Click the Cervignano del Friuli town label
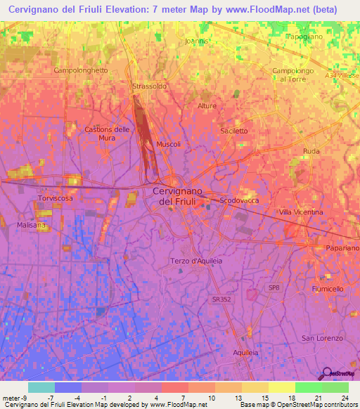(x=178, y=196)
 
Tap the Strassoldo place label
(x=149, y=86)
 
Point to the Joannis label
(x=197, y=41)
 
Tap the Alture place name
(x=207, y=106)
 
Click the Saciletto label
(x=234, y=131)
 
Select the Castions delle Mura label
(x=107, y=134)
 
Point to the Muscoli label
(x=169, y=144)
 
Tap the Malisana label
(x=31, y=225)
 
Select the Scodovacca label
(x=240, y=200)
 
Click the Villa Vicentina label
(x=301, y=212)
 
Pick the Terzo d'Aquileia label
(x=196, y=261)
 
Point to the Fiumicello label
(x=327, y=289)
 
